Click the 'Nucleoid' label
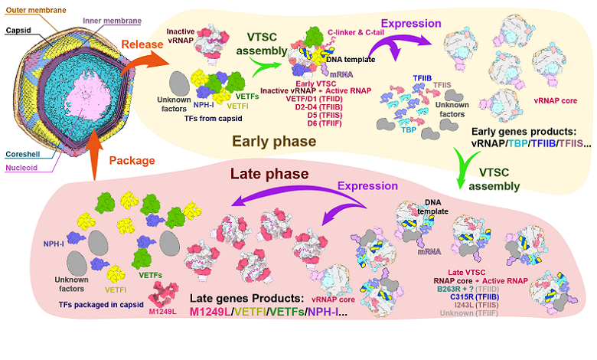pyautogui.click(x=19, y=166)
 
